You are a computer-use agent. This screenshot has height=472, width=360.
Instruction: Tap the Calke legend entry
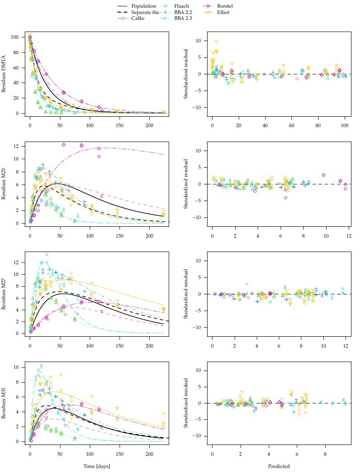point(138,18)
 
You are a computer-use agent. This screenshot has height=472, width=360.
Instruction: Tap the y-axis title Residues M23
point(4,184)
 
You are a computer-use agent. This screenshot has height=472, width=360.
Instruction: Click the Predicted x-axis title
point(278,466)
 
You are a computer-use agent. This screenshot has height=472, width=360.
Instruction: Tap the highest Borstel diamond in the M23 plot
point(64,145)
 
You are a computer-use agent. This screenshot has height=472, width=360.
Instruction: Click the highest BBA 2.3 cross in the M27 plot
point(46,255)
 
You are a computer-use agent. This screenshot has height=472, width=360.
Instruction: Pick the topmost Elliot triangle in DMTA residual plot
point(217,42)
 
